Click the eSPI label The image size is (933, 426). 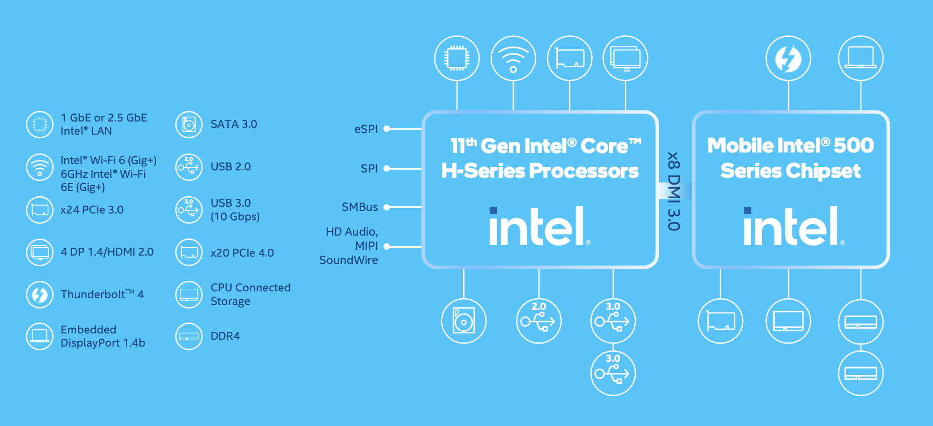[x=366, y=129]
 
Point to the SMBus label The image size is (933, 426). [x=360, y=207]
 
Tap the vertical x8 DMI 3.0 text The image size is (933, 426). [x=674, y=191]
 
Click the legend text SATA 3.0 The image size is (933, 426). [x=234, y=124]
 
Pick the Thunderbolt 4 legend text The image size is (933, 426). [x=102, y=294]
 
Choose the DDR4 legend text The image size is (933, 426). [x=225, y=336]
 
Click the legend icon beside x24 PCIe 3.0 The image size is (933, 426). [x=40, y=210]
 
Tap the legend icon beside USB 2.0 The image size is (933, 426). [x=189, y=167]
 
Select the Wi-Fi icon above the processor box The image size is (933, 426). [x=513, y=58]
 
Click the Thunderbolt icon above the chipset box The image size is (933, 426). [x=788, y=58]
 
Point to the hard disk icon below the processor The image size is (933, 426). [x=464, y=321]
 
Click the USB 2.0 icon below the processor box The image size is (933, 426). [x=539, y=321]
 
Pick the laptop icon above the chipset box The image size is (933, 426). [x=861, y=58]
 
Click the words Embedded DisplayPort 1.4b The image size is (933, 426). [x=103, y=336]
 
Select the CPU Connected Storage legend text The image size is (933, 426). [x=250, y=295]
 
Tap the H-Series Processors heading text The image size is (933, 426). [x=540, y=171]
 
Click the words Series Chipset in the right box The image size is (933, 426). [x=790, y=171]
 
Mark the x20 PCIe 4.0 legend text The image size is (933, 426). [x=242, y=253]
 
